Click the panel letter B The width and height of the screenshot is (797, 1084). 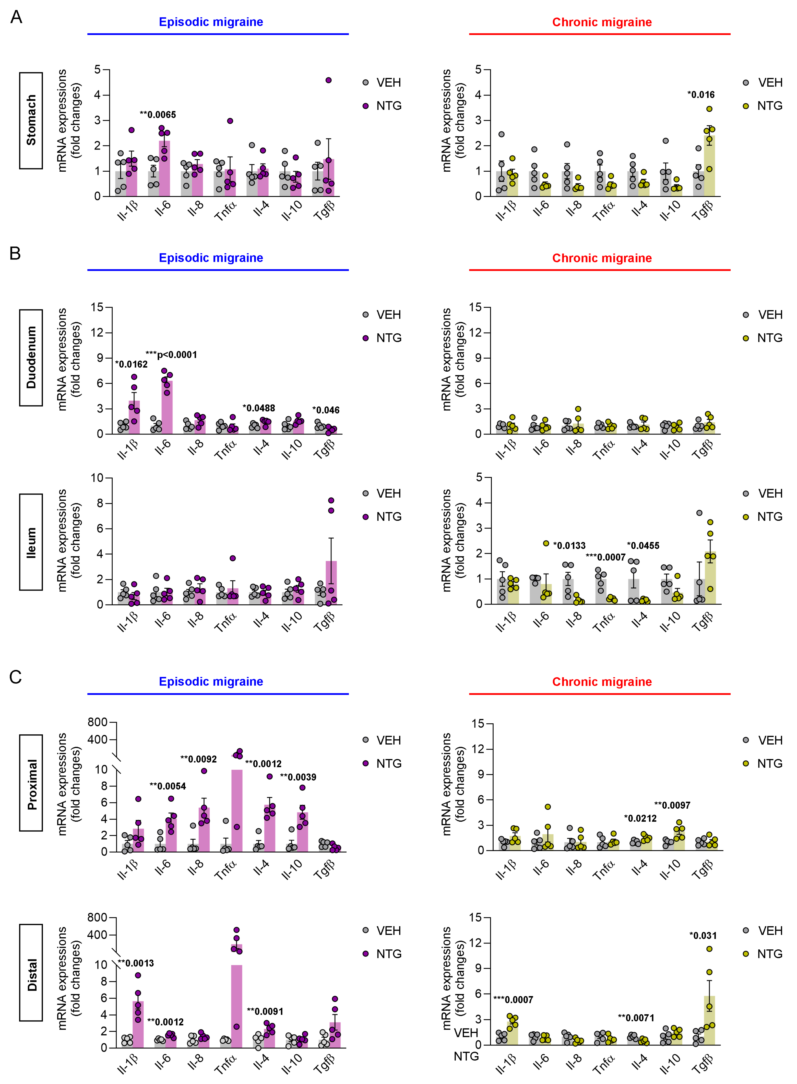point(15,253)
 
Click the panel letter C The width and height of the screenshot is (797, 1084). point(15,677)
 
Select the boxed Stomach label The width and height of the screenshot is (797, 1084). point(31,121)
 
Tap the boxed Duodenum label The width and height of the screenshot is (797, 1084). point(31,358)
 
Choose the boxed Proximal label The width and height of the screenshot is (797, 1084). point(31,783)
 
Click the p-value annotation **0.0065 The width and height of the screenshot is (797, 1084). point(158,115)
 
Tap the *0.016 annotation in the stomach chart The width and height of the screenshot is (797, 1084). point(701,95)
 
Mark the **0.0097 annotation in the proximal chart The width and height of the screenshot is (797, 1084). point(672,805)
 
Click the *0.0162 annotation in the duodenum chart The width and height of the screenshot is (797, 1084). point(131,364)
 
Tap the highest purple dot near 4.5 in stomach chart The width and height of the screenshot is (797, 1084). point(329,80)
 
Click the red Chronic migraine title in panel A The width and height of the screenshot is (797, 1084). point(602,22)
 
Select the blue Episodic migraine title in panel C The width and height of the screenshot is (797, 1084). point(211,682)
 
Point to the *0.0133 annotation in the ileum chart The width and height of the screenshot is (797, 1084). point(569,546)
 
